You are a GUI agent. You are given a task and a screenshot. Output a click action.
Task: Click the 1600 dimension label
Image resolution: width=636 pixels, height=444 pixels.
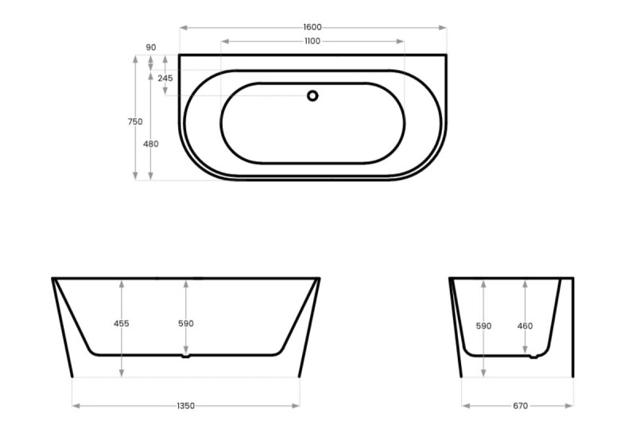point(312,28)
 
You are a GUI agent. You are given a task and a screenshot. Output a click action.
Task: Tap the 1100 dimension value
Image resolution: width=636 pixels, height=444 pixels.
point(312,41)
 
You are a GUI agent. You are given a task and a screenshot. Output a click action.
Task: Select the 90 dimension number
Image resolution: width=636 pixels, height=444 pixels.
point(151,48)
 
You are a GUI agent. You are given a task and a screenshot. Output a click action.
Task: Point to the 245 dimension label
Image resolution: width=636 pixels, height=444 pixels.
point(165,78)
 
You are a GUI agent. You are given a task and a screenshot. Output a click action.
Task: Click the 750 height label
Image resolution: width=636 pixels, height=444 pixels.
point(135,122)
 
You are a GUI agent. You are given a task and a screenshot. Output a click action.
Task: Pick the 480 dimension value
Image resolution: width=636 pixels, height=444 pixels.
point(151,144)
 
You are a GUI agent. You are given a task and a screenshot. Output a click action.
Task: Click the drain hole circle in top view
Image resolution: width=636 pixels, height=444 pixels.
point(312,96)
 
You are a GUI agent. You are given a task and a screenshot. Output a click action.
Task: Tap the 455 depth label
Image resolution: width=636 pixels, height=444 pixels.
point(122,323)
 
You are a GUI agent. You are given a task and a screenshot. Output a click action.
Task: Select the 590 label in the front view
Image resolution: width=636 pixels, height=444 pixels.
point(186,323)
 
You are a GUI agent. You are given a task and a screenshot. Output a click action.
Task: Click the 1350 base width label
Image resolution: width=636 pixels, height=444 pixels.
point(186,406)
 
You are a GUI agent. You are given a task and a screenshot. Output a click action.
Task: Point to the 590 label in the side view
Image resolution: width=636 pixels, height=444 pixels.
point(484,326)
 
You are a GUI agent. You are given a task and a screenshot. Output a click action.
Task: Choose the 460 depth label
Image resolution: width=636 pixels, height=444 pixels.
point(525,326)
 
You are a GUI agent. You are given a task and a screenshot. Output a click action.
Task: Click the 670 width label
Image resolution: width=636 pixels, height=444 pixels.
point(520,406)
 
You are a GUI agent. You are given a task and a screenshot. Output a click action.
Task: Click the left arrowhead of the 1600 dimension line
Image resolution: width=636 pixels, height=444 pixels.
point(182,28)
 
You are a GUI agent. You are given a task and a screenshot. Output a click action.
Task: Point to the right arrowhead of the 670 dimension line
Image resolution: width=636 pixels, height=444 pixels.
point(570,406)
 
